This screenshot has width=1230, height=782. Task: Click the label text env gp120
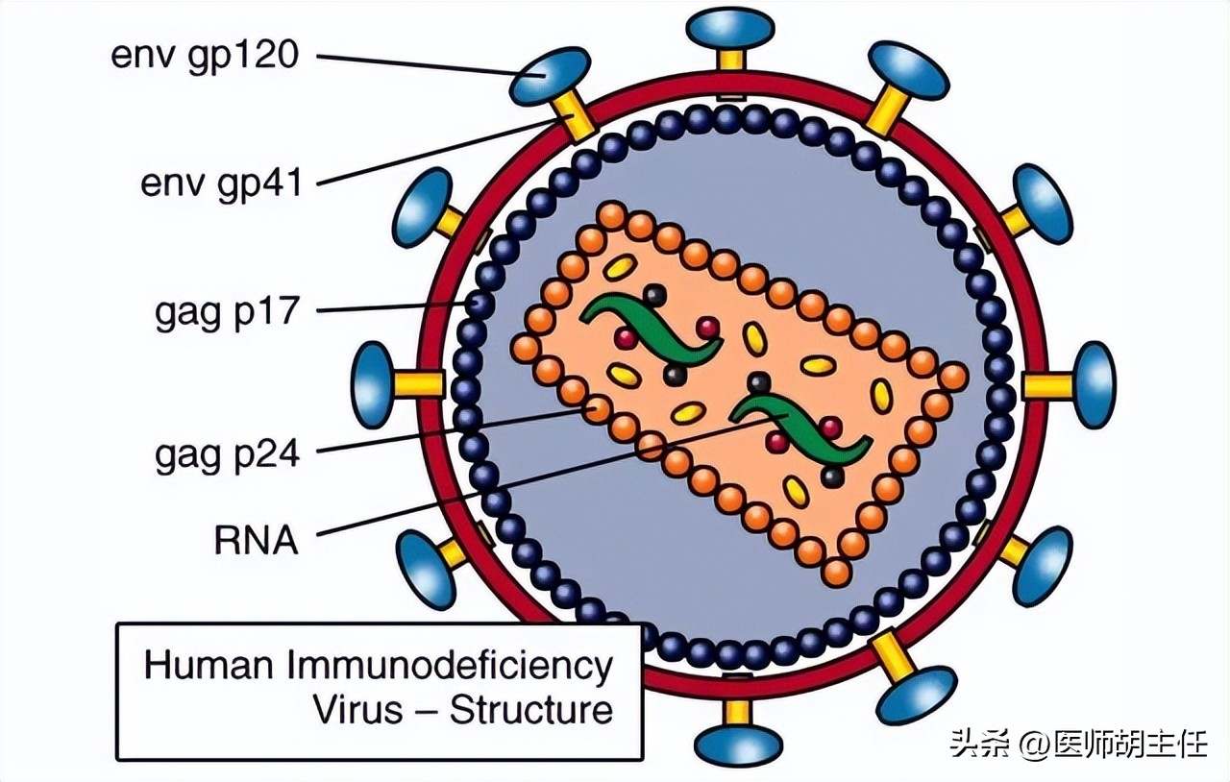[205, 55]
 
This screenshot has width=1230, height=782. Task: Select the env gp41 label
[221, 181]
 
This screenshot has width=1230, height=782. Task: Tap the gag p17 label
[227, 313]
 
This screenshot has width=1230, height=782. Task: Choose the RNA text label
[256, 540]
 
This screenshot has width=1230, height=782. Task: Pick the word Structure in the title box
[531, 710]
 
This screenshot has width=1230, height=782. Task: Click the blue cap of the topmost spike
[731, 27]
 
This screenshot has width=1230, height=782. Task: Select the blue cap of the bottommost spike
[738, 745]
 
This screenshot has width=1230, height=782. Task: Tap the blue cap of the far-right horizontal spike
[1095, 385]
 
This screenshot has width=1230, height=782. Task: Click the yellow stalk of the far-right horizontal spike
[1046, 385]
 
